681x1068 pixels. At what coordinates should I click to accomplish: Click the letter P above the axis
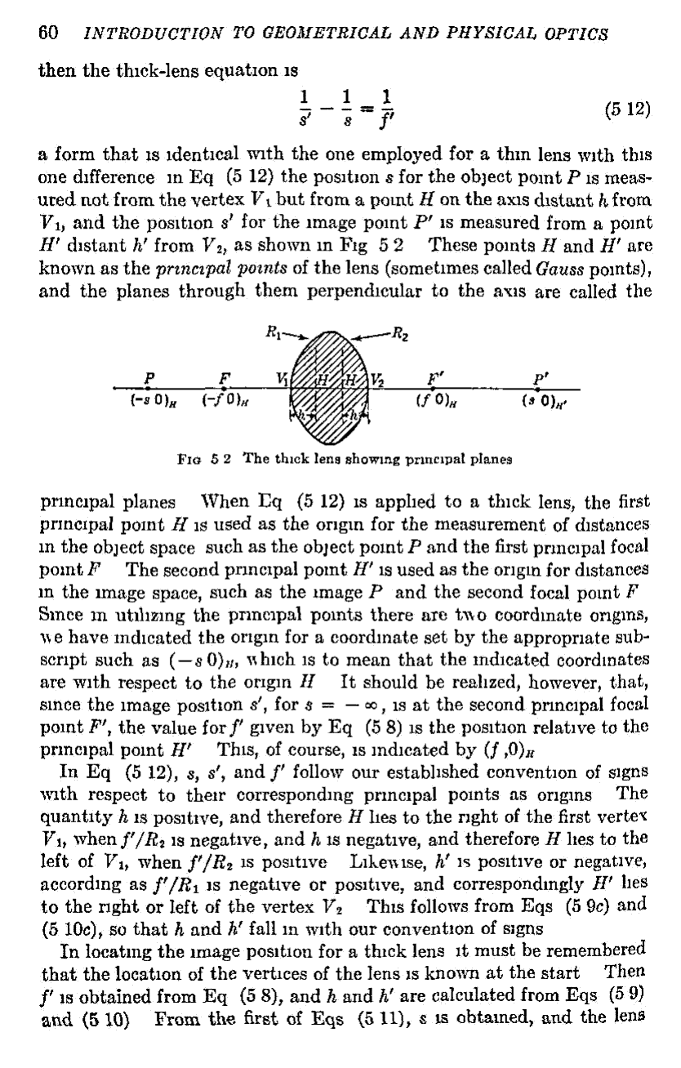(x=148, y=379)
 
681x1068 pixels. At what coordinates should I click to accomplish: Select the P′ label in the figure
(x=539, y=379)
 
